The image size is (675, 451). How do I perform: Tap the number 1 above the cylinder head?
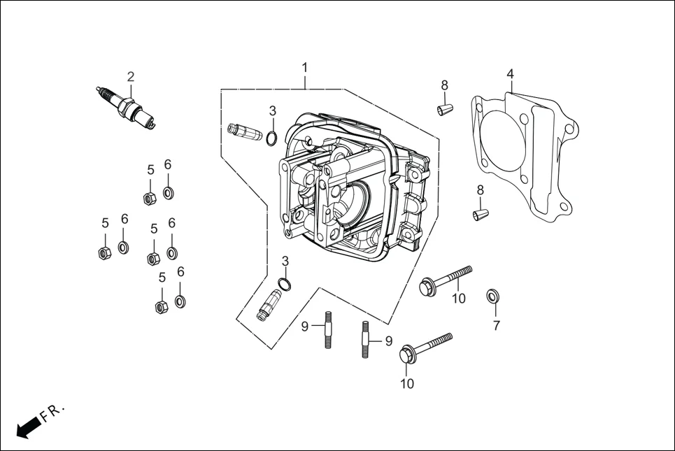[x=305, y=67]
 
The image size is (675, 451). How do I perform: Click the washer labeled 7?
[x=492, y=296]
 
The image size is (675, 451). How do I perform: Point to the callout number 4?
[x=510, y=74]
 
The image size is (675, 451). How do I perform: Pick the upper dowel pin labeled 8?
[x=443, y=109]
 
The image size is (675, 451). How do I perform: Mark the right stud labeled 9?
[x=365, y=339]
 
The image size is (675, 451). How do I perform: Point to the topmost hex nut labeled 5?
[x=149, y=198]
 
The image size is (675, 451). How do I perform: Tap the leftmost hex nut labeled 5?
[x=104, y=252]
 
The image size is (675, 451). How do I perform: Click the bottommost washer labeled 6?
[x=180, y=301]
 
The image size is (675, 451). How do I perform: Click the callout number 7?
[x=496, y=325]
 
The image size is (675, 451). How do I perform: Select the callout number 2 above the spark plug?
[x=130, y=76]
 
